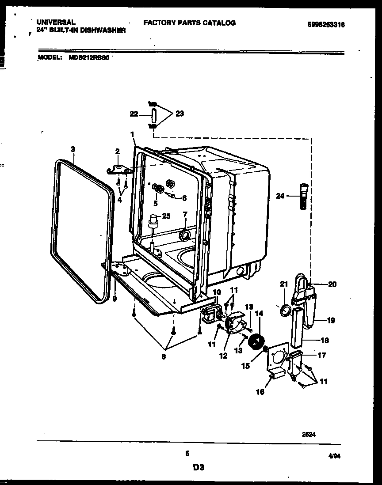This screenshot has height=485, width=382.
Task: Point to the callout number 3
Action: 73,149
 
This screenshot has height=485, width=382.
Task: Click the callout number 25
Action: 166,216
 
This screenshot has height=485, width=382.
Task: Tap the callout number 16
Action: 260,391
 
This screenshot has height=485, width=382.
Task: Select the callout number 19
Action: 331,320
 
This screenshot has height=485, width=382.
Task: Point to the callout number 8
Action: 164,357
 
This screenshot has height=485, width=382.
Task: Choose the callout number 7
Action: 185,215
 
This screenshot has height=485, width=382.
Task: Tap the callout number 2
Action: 117,152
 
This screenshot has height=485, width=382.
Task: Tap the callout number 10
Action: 217,292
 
